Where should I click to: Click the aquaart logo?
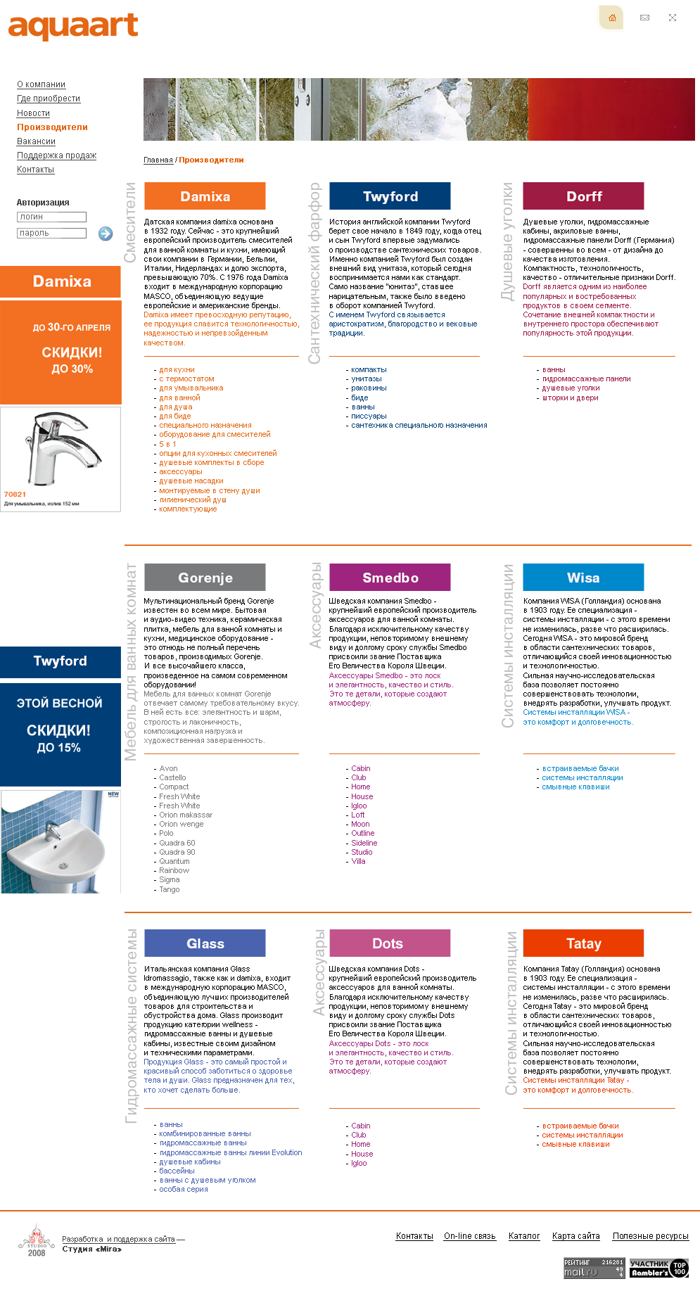click(73, 26)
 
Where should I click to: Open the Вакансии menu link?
click(36, 141)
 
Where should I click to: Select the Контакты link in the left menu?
click(35, 170)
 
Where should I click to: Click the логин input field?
click(51, 217)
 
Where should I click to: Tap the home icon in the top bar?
click(612, 18)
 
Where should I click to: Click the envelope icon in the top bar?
click(644, 18)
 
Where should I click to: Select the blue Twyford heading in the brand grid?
click(390, 196)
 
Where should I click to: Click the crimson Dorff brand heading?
click(583, 196)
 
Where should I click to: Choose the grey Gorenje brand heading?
click(205, 578)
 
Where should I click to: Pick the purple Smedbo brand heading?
click(390, 578)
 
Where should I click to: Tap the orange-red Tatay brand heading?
click(583, 943)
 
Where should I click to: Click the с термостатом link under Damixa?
click(186, 378)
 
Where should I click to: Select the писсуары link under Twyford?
click(369, 416)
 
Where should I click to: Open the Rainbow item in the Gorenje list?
click(174, 870)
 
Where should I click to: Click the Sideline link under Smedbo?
click(364, 843)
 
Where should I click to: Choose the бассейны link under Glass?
click(177, 1171)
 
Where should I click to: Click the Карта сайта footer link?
click(575, 1236)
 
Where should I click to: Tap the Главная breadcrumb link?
click(158, 160)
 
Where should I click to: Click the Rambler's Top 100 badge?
click(658, 1268)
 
